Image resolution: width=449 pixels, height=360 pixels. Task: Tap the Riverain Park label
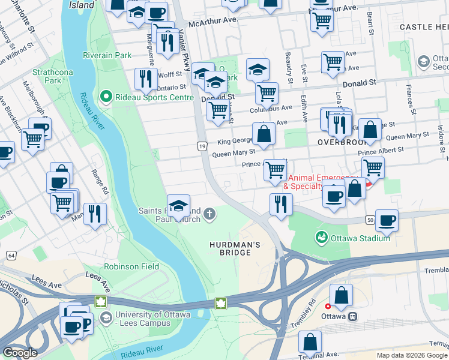click(x=107, y=55)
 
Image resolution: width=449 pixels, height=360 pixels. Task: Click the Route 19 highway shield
click(x=202, y=146)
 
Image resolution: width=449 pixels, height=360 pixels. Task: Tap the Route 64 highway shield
click(x=11, y=256)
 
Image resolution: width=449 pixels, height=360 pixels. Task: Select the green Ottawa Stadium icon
click(x=322, y=238)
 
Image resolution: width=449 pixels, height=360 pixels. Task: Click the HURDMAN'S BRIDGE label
click(x=235, y=248)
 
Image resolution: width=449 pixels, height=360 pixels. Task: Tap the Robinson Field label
click(x=131, y=266)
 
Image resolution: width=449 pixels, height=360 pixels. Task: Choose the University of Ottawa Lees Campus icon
click(x=106, y=317)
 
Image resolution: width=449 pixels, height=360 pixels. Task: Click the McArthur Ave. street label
click(x=213, y=22)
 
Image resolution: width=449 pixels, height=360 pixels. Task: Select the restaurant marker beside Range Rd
click(x=95, y=214)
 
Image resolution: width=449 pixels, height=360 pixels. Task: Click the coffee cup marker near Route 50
click(x=386, y=220)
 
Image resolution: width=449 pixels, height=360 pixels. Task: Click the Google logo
click(x=20, y=353)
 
